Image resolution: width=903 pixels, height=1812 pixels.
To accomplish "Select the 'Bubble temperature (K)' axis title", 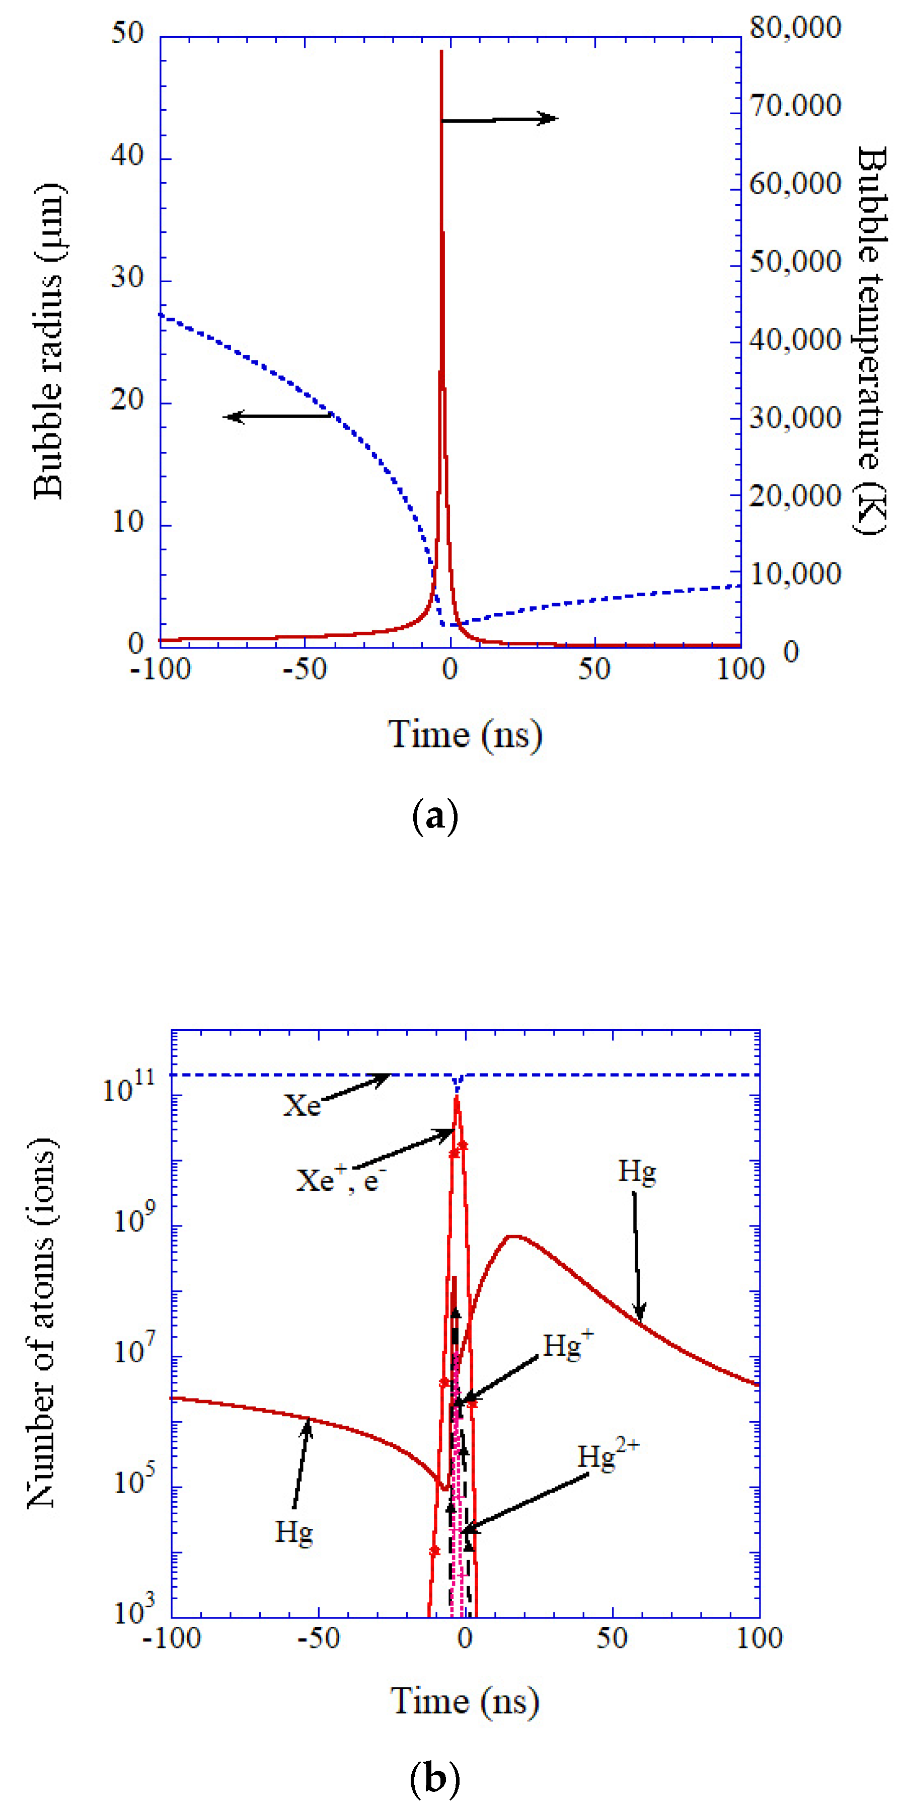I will pyautogui.click(x=871, y=341).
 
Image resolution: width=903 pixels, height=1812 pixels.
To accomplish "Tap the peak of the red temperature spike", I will pyautogui.click(x=441, y=52).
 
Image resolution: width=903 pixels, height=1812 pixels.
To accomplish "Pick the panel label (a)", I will pyautogui.click(x=434, y=816).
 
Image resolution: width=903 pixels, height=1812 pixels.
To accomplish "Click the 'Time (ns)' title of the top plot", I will pyautogui.click(x=465, y=735).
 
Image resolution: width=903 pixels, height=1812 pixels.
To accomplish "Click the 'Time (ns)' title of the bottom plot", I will pyautogui.click(x=465, y=1701).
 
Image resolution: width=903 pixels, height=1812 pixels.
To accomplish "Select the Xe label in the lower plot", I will pyautogui.click(x=301, y=1105).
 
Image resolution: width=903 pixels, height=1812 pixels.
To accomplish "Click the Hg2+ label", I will pyautogui.click(x=608, y=1457).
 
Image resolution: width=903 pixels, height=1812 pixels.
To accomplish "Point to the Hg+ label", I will pyautogui.click(x=567, y=1346).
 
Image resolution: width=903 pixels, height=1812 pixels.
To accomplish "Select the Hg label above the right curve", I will pyautogui.click(x=637, y=1171).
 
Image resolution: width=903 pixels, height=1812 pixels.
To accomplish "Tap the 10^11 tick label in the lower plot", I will pyautogui.click(x=127, y=1089).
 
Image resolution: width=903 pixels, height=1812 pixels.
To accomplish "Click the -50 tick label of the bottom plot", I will pyautogui.click(x=318, y=1639).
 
